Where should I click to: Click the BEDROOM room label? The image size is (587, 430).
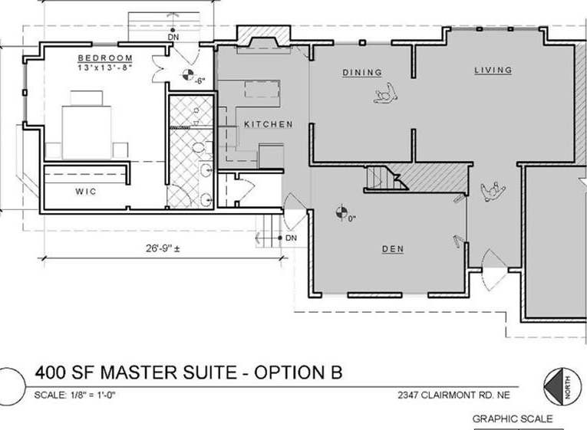coord(105,58)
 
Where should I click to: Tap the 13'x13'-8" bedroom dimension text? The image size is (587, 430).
coord(105,67)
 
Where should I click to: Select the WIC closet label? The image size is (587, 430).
coord(86,192)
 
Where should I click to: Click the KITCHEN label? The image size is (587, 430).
coord(269,124)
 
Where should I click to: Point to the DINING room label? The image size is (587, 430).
coord(362,72)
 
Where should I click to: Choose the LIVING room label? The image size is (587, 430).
coord(493,70)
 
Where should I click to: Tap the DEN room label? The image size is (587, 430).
coord(393,248)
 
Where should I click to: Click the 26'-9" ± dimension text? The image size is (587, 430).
coord(163,248)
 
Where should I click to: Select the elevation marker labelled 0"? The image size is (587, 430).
coord(341,213)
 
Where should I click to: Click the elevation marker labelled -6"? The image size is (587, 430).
coord(188,75)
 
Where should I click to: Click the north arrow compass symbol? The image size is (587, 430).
coord(559,387)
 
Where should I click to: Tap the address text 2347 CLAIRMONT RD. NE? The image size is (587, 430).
coord(453,396)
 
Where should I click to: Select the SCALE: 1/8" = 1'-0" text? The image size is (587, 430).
coord(74,395)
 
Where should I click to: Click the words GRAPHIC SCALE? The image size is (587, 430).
coord(513,419)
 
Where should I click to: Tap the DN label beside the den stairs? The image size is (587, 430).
coord(291,238)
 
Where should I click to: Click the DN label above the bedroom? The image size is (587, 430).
coord(173,37)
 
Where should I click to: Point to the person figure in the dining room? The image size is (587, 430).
coord(386,94)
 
